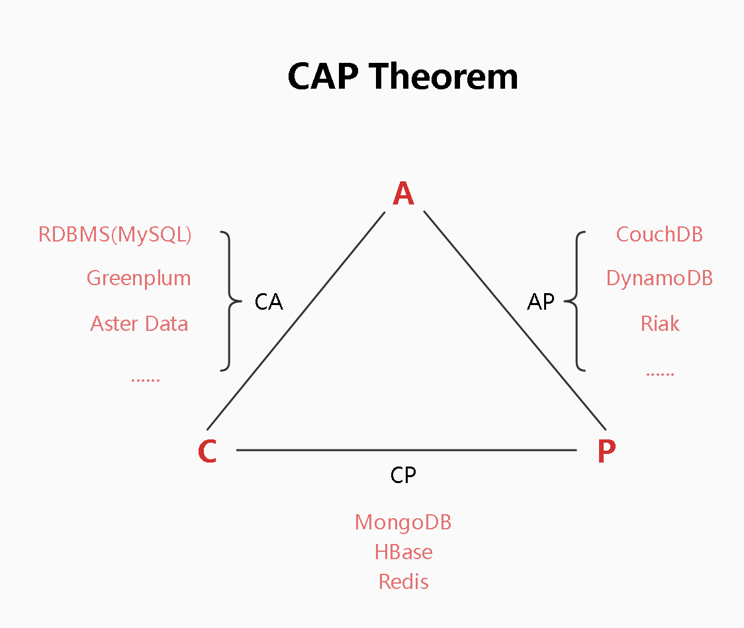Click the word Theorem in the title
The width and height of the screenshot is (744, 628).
(443, 77)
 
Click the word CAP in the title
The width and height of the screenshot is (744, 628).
(322, 77)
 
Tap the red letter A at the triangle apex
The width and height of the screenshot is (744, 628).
(403, 193)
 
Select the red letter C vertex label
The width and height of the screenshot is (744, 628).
(207, 451)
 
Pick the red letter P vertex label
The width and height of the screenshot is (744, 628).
(606, 451)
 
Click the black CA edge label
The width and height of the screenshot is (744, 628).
(269, 302)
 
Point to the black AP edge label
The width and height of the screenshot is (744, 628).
(540, 302)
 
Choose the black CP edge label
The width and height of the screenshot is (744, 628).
(403, 475)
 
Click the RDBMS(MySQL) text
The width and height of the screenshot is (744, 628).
(115, 235)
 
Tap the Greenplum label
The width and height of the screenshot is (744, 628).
(138, 279)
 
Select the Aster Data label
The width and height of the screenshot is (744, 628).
(139, 324)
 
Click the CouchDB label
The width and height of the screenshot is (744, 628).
(659, 234)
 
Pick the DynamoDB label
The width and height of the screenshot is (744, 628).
(659, 279)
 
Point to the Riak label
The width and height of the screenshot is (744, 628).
(660, 324)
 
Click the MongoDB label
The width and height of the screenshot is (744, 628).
(403, 523)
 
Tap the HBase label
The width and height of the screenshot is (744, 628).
(403, 552)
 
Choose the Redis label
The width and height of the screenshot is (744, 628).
(403, 582)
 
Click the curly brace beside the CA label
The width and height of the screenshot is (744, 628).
(230, 301)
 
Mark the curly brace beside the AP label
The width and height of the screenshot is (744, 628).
(577, 301)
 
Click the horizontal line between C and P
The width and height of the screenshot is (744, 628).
(406, 449)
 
